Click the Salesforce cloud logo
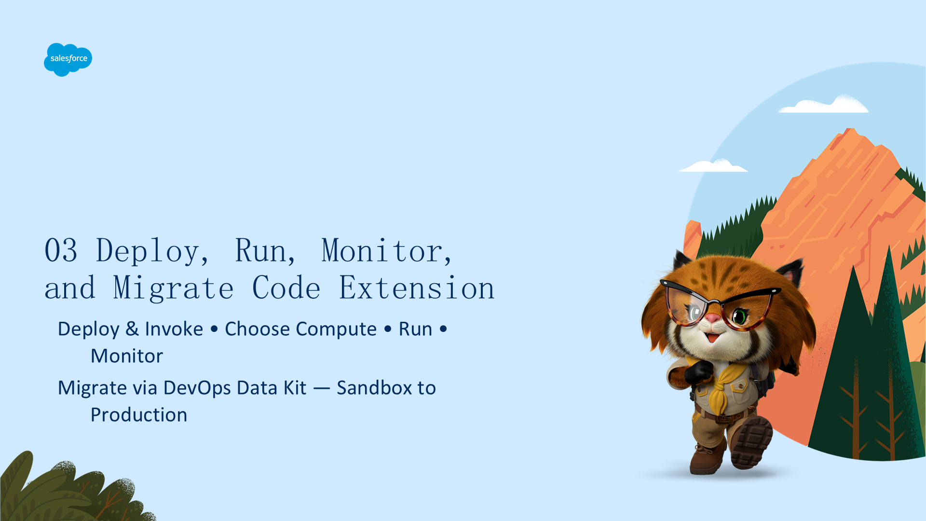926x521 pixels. click(68, 59)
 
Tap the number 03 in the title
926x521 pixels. click(61, 250)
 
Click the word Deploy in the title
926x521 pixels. click(148, 251)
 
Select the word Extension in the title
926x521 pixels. click(417, 288)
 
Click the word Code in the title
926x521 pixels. click(286, 288)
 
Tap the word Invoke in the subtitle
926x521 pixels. click(174, 329)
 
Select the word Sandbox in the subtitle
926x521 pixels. click(374, 388)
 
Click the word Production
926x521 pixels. click(139, 415)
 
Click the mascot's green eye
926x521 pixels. click(739, 316)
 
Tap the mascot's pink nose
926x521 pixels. click(712, 318)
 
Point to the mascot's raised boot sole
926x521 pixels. click(752, 442)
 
